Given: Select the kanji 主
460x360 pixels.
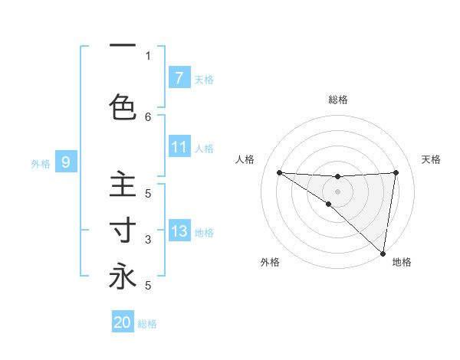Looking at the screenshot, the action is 123,185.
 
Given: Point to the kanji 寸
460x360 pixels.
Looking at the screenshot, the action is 123,231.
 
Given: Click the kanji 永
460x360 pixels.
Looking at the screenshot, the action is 123,277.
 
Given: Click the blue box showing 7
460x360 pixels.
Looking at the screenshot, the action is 179,77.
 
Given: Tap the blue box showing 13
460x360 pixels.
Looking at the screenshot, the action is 179,231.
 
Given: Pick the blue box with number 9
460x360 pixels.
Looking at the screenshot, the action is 66,162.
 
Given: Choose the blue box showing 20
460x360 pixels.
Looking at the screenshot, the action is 123,322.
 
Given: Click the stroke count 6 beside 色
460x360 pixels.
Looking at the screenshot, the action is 148,116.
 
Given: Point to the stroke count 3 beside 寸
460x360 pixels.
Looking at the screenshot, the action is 148,240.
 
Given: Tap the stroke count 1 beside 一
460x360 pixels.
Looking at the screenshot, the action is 148,55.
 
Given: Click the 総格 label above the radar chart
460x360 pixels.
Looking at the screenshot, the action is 338,100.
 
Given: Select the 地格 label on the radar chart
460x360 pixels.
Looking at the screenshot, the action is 402,263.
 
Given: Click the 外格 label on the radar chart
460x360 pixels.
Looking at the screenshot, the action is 269,263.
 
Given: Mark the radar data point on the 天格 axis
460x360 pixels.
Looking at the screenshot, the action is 396,172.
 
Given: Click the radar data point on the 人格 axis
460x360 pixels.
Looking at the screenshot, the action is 279,172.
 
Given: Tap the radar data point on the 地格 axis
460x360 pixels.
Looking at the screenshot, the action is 383,253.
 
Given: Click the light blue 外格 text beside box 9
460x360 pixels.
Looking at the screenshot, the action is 41,163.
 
